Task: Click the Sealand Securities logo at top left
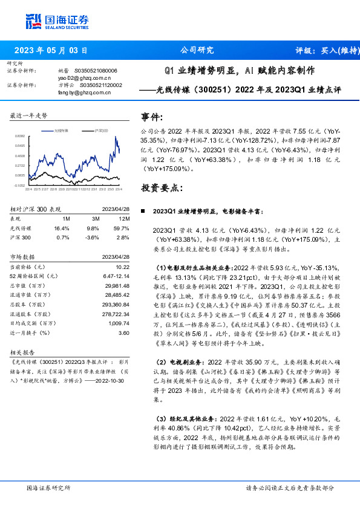click(x=57, y=22)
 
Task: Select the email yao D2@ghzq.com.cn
click(x=85, y=78)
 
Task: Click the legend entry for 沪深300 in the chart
click(x=101, y=130)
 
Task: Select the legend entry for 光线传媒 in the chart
click(x=62, y=130)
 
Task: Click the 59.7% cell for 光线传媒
click(x=121, y=229)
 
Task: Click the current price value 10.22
click(x=122, y=267)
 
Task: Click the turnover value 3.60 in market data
click(x=123, y=333)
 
